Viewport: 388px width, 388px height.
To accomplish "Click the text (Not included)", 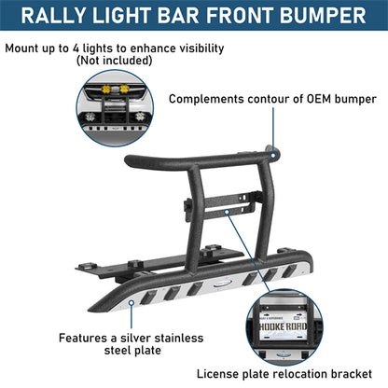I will click(114, 61).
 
